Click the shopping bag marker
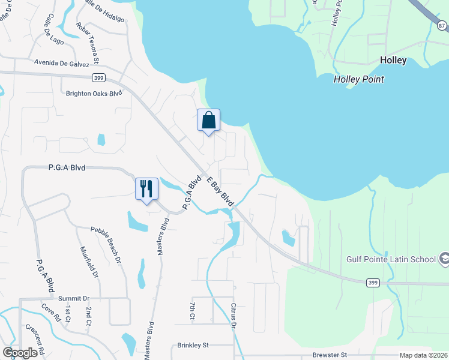coord(208,120)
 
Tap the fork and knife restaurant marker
coord(146,189)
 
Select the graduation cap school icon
coord(445,259)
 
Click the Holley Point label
coord(358,79)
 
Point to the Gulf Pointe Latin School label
coord(391,259)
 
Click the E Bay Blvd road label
coord(220,192)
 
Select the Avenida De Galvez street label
coord(62,64)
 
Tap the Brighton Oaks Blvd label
coord(94,93)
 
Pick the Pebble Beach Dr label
coord(106,243)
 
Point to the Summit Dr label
coord(73,298)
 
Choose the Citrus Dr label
coord(234,316)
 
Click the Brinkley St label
coord(193,346)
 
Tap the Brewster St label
coord(330,355)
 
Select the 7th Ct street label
coord(191,311)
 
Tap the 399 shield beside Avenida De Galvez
coord(100,78)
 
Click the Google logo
coord(20,353)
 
